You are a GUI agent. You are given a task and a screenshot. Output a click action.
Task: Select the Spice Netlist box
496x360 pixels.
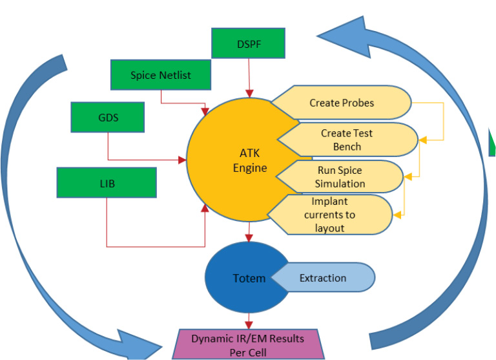click(x=160, y=74)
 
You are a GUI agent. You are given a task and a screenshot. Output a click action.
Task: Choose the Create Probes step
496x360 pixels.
click(x=342, y=103)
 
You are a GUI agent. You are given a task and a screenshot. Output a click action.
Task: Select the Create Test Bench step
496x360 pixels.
click(x=347, y=140)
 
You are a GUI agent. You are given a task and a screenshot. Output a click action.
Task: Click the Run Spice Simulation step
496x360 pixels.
click(x=341, y=176)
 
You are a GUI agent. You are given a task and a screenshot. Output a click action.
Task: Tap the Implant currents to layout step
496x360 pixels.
click(x=334, y=214)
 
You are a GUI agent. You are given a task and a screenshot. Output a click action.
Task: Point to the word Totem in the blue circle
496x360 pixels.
click(x=249, y=279)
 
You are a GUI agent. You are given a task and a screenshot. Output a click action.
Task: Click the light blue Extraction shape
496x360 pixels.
click(x=323, y=278)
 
